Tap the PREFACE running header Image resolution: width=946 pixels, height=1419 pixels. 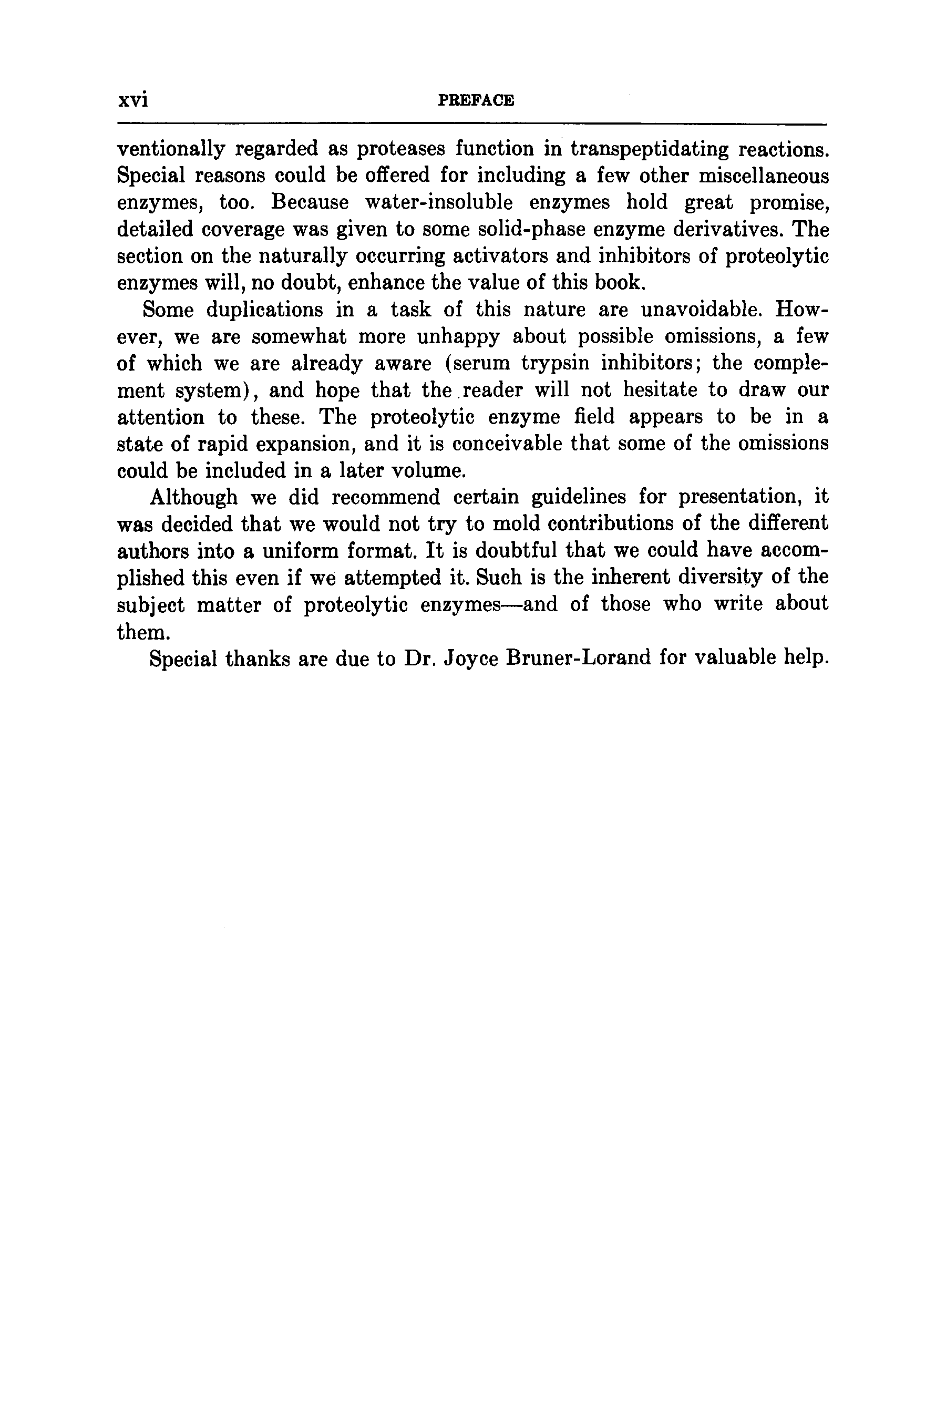pos(476,101)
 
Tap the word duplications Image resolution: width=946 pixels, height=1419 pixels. pos(265,310)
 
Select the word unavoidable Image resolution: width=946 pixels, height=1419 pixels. pos(702,310)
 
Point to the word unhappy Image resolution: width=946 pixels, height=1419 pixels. pos(458,337)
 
